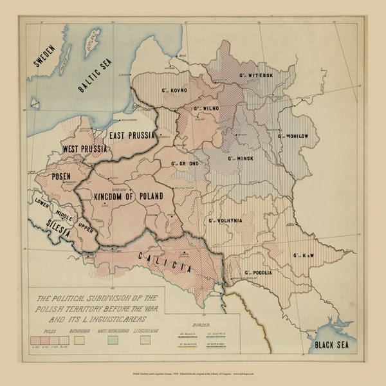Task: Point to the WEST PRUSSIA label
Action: click(x=84, y=149)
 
